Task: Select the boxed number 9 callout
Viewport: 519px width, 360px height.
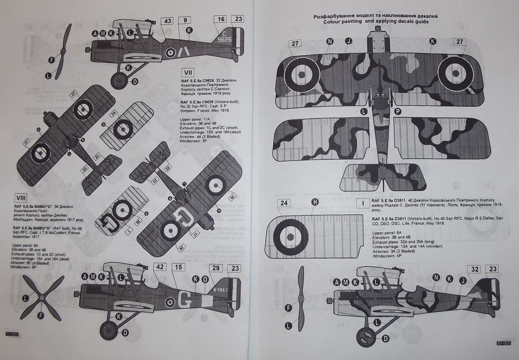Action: point(187,21)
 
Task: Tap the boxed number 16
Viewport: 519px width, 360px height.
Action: point(220,19)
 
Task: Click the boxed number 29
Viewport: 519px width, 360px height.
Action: point(216,268)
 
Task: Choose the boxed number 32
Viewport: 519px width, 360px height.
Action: point(475,269)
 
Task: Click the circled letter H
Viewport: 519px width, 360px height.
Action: point(315,202)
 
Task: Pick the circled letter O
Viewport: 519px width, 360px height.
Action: point(205,279)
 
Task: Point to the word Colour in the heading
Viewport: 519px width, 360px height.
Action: point(334,22)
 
